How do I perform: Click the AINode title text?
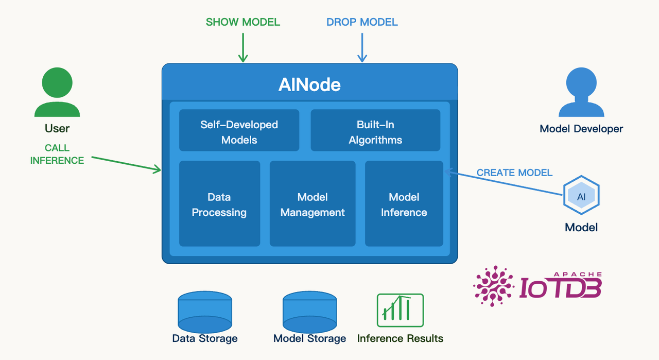click(309, 84)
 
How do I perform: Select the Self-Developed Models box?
click(239, 130)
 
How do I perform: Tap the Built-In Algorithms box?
click(375, 130)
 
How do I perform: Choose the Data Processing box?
click(219, 203)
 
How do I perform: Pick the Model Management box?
click(313, 203)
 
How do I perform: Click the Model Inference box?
click(404, 203)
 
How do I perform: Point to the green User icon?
click(57, 92)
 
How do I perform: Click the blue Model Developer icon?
click(581, 92)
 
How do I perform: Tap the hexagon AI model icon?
click(581, 196)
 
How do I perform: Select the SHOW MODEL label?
click(243, 22)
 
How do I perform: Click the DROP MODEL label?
click(362, 22)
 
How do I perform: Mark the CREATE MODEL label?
click(514, 173)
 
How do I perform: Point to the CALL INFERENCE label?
click(57, 154)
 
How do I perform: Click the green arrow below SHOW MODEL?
click(243, 47)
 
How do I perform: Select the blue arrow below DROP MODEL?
click(362, 47)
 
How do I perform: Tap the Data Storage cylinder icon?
click(204, 312)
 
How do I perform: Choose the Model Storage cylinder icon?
click(309, 312)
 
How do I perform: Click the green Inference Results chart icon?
click(400, 310)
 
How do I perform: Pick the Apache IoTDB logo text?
click(560, 287)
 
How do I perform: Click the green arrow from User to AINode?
click(127, 163)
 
